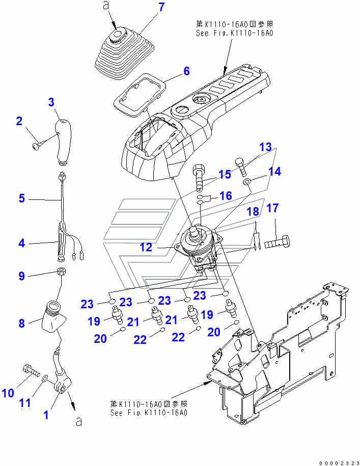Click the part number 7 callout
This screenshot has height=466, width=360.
point(161,7)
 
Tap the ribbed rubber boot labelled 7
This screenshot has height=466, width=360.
point(125,55)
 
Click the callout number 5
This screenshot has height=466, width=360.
point(22,198)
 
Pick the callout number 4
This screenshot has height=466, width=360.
point(22,243)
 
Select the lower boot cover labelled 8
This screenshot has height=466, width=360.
point(53,316)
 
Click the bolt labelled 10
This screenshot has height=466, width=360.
point(31,370)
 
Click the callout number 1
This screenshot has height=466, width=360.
point(46,415)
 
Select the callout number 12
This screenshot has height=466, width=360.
point(146,247)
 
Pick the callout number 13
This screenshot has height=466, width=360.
point(265,147)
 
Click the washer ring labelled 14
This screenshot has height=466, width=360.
point(246,181)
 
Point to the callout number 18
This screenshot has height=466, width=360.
point(253,212)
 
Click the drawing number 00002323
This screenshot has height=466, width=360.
point(339,462)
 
